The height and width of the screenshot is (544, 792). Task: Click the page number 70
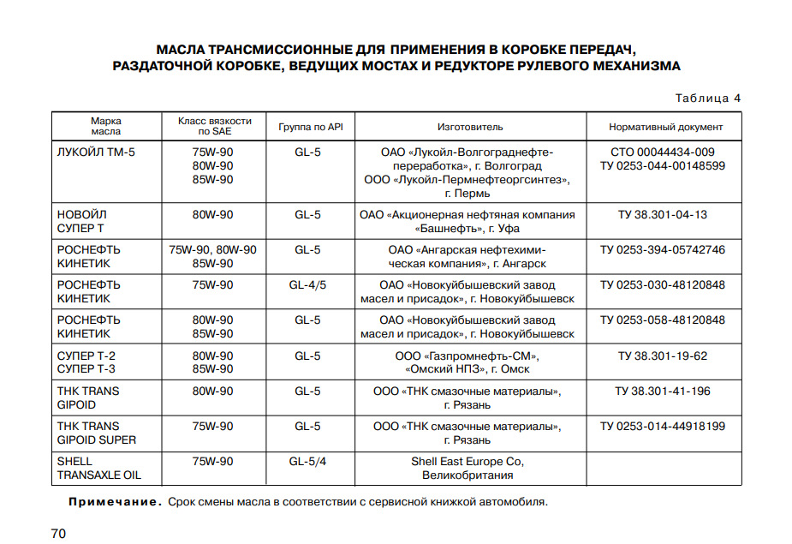pyautogui.click(x=58, y=534)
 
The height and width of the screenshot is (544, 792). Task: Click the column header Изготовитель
pyautogui.click(x=470, y=127)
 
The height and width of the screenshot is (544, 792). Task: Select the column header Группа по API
pyautogui.click(x=310, y=127)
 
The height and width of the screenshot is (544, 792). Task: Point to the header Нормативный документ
pyautogui.click(x=665, y=127)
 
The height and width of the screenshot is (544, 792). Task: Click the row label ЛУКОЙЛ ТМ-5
pyautogui.click(x=97, y=152)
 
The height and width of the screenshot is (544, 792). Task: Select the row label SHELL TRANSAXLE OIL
pyautogui.click(x=99, y=468)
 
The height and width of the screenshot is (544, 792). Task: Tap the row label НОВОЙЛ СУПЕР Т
pyautogui.click(x=81, y=221)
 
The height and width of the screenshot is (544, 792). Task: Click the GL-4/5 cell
pyautogui.click(x=307, y=284)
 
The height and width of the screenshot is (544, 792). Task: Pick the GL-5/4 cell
pyautogui.click(x=307, y=461)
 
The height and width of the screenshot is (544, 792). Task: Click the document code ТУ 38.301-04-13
pyautogui.click(x=663, y=214)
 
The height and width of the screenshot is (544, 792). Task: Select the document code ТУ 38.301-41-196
pyautogui.click(x=663, y=391)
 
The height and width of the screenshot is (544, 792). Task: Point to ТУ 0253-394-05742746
pyautogui.click(x=663, y=249)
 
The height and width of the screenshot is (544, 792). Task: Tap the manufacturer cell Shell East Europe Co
pyautogui.click(x=467, y=468)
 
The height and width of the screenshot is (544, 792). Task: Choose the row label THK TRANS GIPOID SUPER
pyautogui.click(x=97, y=433)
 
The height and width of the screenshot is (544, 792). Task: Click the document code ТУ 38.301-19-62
pyautogui.click(x=663, y=356)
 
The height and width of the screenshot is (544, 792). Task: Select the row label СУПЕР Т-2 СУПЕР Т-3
pyautogui.click(x=86, y=362)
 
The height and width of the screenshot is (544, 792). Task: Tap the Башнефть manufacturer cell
pyautogui.click(x=467, y=221)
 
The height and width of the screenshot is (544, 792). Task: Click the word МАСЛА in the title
pyautogui.click(x=181, y=48)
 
